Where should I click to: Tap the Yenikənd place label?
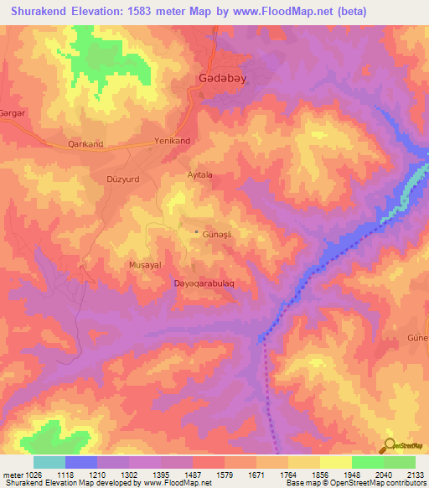173,141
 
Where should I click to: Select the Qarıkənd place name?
85,144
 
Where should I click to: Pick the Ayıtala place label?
200,174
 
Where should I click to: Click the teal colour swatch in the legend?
49,462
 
